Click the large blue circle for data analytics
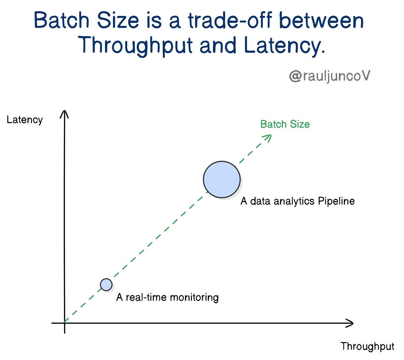point(221,180)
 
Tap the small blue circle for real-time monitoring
point(106,285)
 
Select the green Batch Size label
point(285,124)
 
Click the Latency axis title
point(25,120)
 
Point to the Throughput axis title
point(367,346)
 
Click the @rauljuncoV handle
point(330,76)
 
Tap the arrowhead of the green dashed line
point(268,138)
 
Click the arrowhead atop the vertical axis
point(64,114)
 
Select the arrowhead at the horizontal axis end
point(349,323)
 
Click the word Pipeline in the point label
point(336,201)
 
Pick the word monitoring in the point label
point(194,297)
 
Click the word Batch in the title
point(61,21)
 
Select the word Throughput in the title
point(135,45)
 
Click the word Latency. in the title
point(284,46)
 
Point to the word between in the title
point(322,20)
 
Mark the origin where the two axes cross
point(64,323)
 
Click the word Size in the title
point(118,20)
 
